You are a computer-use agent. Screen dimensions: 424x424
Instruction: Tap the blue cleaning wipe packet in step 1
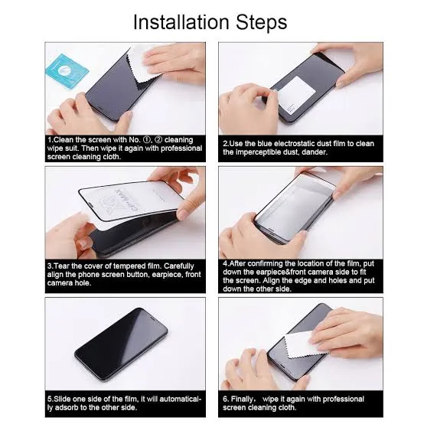tap(67, 70)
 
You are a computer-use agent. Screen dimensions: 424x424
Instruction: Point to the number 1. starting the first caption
tap(51, 140)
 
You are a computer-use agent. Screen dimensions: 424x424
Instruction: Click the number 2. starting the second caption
tap(227, 143)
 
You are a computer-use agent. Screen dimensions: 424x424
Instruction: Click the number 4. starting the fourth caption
tap(227, 262)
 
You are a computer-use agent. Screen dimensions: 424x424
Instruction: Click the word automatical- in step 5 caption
tap(178, 399)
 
